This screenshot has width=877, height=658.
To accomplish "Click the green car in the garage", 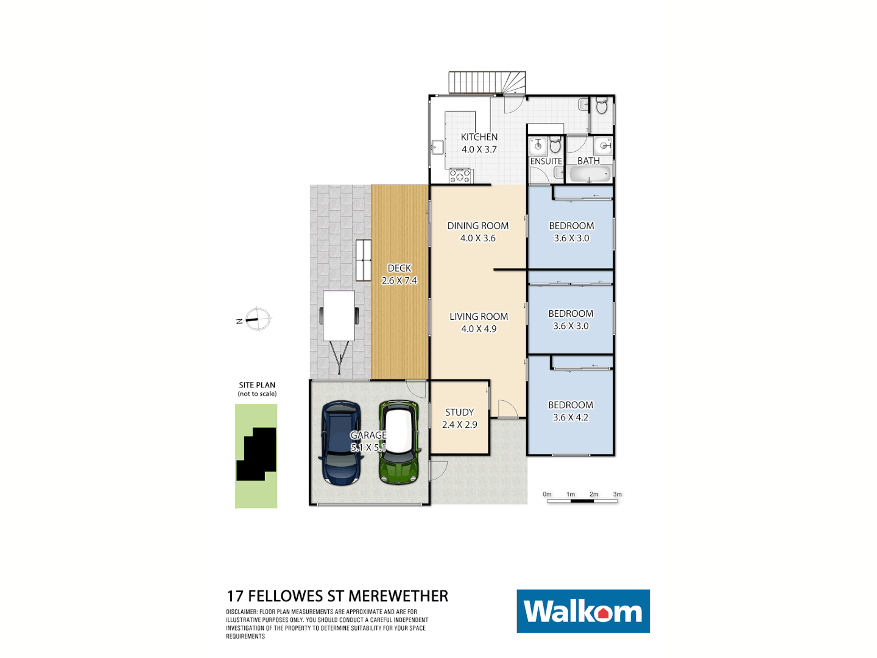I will [x=399, y=442].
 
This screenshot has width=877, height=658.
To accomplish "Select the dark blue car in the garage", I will [x=342, y=443].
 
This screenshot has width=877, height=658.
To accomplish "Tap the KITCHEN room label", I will [x=479, y=137].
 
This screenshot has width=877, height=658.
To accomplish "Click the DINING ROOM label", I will [x=478, y=225].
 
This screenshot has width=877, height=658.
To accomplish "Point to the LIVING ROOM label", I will [x=479, y=316].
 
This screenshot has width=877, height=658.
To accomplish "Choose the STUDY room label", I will [x=459, y=412].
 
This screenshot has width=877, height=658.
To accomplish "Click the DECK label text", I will [x=400, y=268].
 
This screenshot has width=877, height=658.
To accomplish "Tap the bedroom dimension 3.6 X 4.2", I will [x=571, y=417].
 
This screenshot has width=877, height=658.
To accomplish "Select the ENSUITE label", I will [x=546, y=161].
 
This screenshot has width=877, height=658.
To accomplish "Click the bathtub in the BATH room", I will [x=589, y=175].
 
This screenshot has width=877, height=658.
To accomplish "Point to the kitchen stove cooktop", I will [x=460, y=176].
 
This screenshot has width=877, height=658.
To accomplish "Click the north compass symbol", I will [x=258, y=319].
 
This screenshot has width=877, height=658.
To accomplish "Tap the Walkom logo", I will [x=583, y=611].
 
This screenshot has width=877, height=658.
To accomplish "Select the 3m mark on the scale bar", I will [x=617, y=495].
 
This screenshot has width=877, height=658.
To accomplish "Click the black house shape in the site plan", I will [x=258, y=454].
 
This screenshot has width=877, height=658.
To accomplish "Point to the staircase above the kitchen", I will [x=487, y=82].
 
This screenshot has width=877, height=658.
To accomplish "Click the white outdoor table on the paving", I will [x=339, y=316].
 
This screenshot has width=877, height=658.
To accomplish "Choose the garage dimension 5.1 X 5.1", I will [x=368, y=447].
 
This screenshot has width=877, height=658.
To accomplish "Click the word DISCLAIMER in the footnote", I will [x=242, y=612].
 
